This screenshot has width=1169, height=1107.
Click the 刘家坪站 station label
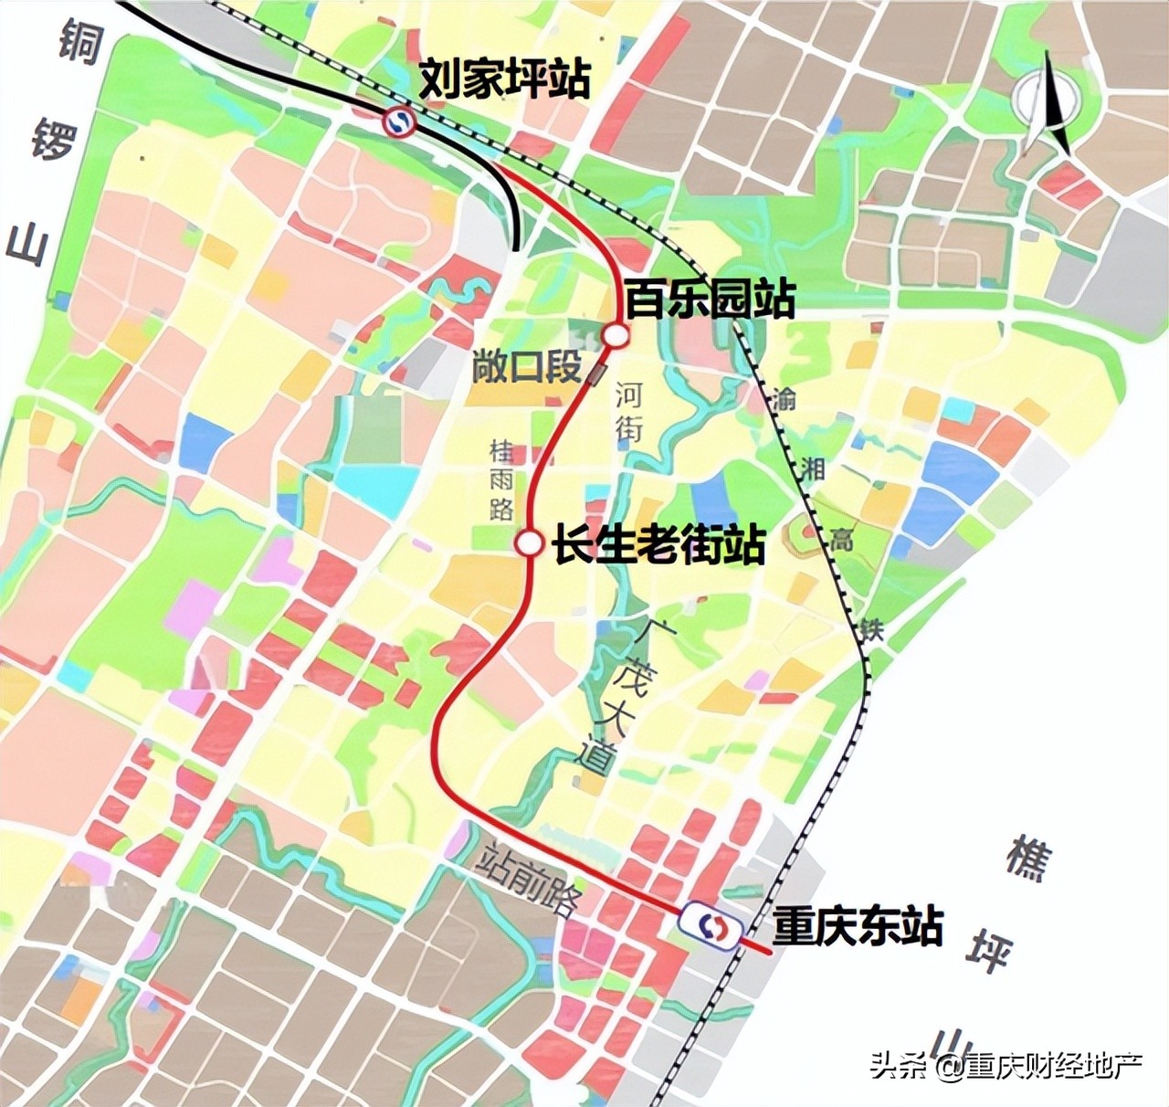[505, 79]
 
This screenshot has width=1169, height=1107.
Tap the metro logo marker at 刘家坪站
[399, 121]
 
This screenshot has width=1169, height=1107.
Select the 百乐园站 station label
[710, 299]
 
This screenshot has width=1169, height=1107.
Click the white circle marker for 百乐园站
[616, 336]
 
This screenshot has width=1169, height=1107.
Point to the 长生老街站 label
[658, 545]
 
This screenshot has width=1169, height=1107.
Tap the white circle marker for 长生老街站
[528, 543]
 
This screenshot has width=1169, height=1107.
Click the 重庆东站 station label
[857, 925]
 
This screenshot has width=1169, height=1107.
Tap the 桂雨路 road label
[501, 480]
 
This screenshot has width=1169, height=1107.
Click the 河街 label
[628, 411]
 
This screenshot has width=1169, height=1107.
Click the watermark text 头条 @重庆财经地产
[1006, 1065]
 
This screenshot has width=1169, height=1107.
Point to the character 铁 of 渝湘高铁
[870, 629]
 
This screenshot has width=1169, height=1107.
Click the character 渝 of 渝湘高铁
[784, 399]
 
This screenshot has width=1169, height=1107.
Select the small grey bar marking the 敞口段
[598, 373]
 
